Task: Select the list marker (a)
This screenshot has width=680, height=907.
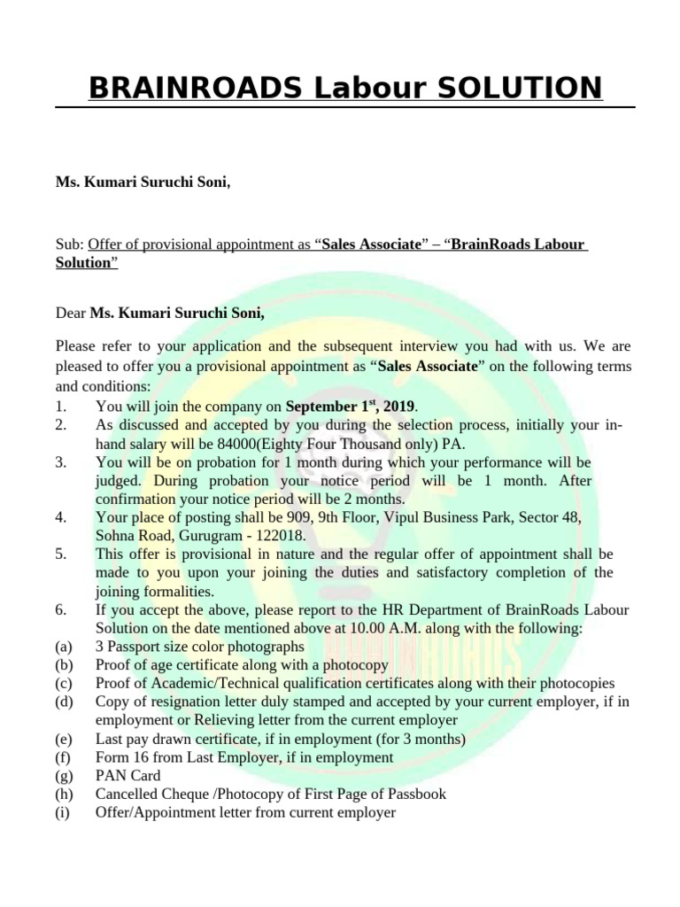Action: [64, 646]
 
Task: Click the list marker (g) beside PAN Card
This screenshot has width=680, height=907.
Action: [64, 775]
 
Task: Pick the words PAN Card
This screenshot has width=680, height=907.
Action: [127, 775]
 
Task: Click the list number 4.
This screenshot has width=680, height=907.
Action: [60, 516]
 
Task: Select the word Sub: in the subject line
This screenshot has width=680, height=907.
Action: [70, 244]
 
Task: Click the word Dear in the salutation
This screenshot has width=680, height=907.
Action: [71, 313]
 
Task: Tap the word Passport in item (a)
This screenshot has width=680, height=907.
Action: [135, 646]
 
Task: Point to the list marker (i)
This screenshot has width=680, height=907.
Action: [63, 812]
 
